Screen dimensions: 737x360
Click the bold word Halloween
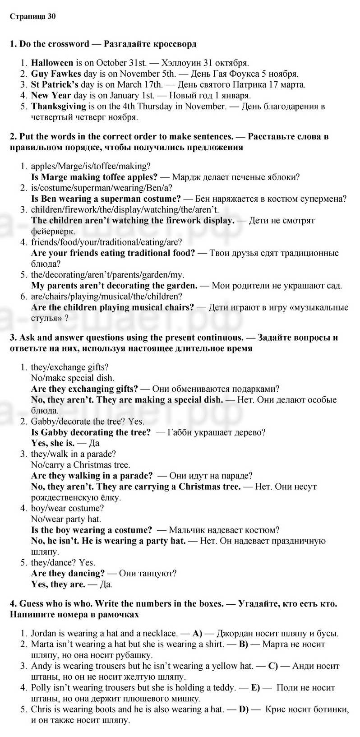pyautogui.click(x=52, y=63)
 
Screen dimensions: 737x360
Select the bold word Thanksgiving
pyautogui.click(x=58, y=107)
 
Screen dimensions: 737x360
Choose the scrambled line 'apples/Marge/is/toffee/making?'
pyautogui.click(x=91, y=166)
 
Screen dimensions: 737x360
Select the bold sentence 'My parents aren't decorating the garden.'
pyautogui.click(x=114, y=286)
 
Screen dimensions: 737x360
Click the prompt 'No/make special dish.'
pyautogui.click(x=72, y=378)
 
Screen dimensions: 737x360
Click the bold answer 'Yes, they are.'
pyautogui.click(x=58, y=584)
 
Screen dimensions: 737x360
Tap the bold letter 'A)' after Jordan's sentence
pyautogui.click(x=197, y=634)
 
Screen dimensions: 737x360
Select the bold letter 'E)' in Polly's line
pyautogui.click(x=255, y=688)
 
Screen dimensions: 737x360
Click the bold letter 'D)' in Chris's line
pyautogui.click(x=244, y=709)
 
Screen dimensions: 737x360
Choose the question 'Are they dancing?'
pyautogui.click(x=68, y=574)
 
